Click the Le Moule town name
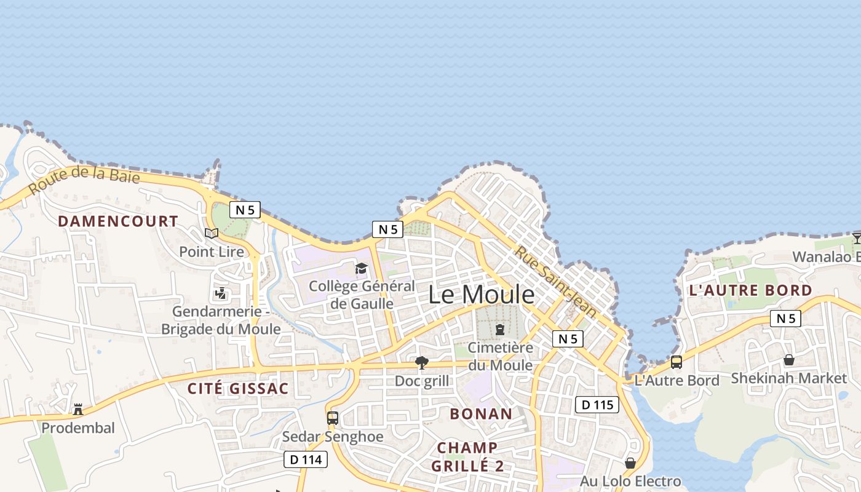(x=481, y=295)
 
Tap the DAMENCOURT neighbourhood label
(x=118, y=221)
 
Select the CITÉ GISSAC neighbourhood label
(x=238, y=389)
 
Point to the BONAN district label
(x=481, y=414)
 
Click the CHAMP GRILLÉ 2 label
(x=467, y=456)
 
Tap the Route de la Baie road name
(x=84, y=178)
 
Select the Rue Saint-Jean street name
(x=556, y=282)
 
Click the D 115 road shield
(x=597, y=405)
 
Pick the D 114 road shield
(x=306, y=459)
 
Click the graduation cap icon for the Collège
(x=361, y=269)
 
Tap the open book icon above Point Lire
(x=212, y=233)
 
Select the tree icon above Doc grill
(x=421, y=363)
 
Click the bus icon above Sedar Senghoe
(x=333, y=418)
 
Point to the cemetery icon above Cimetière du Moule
(x=500, y=330)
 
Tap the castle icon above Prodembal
(x=78, y=409)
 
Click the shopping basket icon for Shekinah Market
(x=789, y=360)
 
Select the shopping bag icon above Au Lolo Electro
(x=630, y=462)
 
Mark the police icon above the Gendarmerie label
(x=221, y=293)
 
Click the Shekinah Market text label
(x=789, y=378)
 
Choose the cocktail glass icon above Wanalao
(x=857, y=239)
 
